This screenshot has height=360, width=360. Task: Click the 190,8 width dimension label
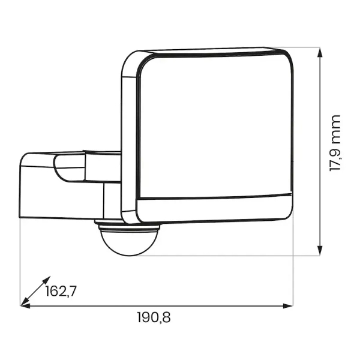coord(154,317)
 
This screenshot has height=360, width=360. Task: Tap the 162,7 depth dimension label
coord(61,291)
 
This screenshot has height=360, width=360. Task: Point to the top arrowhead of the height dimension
coord(320,52)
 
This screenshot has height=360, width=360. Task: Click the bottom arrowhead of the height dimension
coord(320,250)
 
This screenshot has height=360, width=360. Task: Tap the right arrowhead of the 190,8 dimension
coord(288,306)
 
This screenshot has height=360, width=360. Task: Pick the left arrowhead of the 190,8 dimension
coord(25,306)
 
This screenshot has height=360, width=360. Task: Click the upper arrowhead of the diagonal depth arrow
coord(47,280)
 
